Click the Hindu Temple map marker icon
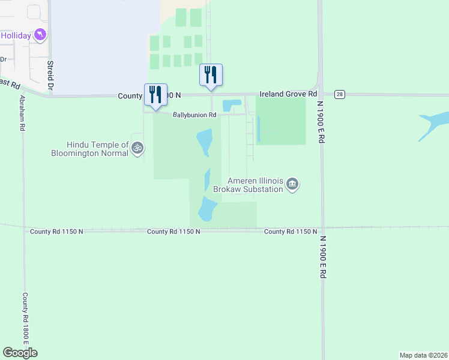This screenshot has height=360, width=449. [137, 147]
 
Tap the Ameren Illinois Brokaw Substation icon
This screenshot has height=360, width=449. [292, 184]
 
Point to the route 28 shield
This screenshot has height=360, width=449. [340, 95]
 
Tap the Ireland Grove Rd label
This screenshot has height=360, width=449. [288, 94]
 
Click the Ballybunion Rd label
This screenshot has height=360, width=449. [194, 115]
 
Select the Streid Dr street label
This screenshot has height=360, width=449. [50, 75]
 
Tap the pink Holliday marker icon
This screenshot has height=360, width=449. [40, 35]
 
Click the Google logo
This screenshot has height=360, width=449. [20, 353]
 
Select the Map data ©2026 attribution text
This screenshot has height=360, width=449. [423, 355]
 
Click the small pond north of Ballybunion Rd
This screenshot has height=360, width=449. [229, 106]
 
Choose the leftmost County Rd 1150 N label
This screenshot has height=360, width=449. [55, 231]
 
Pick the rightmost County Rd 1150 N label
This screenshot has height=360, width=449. [290, 232]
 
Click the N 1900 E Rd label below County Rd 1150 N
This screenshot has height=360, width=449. [322, 256]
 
